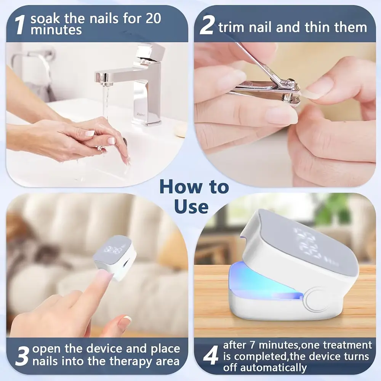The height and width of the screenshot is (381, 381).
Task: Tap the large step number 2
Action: click(x=207, y=26)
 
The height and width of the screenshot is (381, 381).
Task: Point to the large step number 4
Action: click(x=211, y=357)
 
